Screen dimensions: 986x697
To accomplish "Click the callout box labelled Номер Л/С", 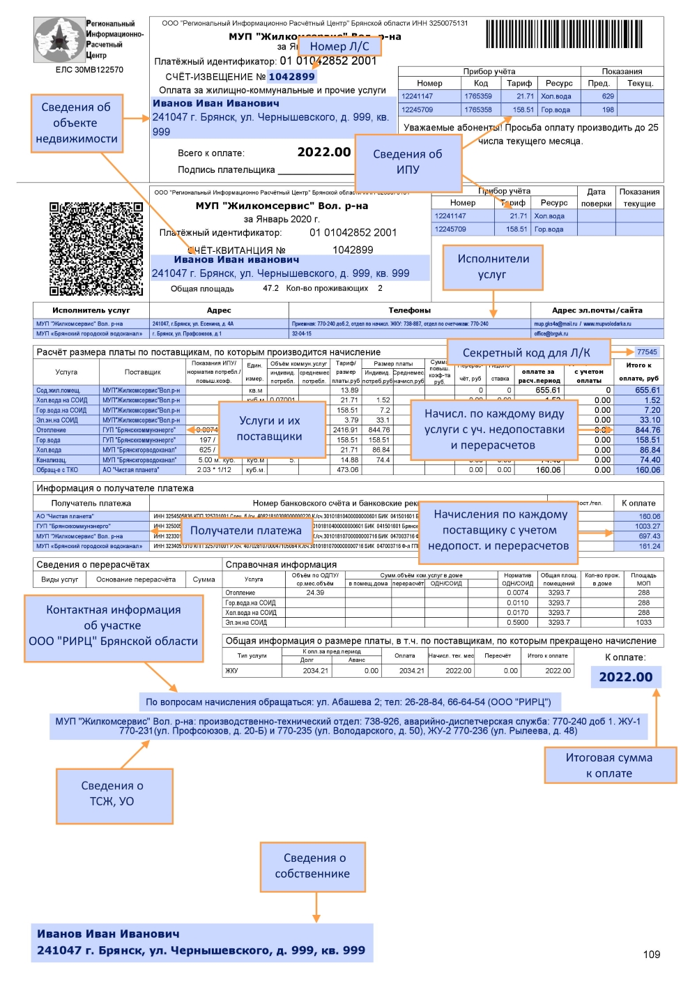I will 339,46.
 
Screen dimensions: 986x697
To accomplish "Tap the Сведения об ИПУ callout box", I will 408,162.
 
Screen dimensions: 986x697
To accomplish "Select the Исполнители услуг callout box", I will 493,267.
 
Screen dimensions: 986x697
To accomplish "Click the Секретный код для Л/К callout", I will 528,353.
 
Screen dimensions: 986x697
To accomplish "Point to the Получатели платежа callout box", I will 246,531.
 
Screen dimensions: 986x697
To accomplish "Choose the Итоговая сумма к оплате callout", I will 610,765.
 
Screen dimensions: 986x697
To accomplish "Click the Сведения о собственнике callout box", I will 312,866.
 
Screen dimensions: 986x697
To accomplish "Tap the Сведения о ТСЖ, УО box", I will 114,795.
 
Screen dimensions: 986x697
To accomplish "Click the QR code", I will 96,249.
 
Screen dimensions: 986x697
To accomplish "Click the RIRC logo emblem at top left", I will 59,40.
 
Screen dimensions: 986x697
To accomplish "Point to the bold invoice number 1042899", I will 291,77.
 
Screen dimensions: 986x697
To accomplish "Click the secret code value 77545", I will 647,352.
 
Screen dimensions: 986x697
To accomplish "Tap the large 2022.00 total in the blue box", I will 626,677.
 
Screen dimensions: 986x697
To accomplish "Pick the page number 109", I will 651,954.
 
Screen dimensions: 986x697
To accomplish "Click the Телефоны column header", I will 409,310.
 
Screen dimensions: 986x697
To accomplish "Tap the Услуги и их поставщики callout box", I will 272,429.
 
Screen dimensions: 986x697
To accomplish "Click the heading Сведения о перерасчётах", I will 93,565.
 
